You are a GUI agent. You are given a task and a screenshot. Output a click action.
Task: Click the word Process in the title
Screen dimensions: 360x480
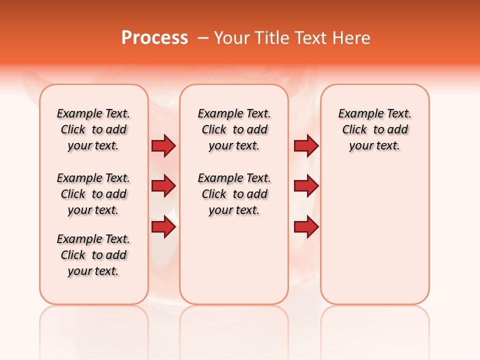[154, 38]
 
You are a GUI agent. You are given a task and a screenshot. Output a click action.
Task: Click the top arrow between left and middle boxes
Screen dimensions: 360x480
[163, 146]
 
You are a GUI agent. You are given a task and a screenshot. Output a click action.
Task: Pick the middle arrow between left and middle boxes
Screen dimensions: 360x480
[163, 186]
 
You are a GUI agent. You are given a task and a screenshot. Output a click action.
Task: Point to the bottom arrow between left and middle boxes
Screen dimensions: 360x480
[163, 227]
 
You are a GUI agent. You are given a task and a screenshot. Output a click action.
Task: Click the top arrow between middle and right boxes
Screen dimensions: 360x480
[306, 146]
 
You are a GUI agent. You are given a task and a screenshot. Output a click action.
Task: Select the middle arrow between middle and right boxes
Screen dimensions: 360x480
[306, 186]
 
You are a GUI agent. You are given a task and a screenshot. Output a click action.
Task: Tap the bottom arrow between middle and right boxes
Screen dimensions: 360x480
[306, 227]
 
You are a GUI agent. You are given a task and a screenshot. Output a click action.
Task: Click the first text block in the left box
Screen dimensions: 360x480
[93, 129]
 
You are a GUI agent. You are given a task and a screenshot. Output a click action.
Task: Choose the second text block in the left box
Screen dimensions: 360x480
[93, 194]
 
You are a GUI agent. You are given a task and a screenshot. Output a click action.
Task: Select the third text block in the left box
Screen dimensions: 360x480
[93, 255]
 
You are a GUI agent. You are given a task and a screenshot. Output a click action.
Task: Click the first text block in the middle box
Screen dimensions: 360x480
[234, 129]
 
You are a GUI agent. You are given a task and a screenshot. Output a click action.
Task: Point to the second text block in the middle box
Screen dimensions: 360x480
[234, 194]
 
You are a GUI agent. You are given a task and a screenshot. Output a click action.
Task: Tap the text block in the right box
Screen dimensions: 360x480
[374, 129]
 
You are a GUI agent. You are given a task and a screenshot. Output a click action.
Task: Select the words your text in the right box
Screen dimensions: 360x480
[374, 146]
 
